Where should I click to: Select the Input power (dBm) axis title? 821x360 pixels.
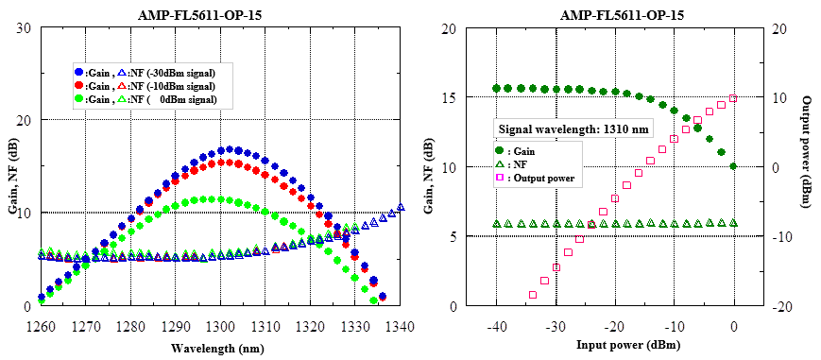pyautogui.click(x=615, y=346)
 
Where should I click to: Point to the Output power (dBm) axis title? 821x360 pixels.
pyautogui.click(x=807, y=160)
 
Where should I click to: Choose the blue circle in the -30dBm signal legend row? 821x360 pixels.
pyautogui.click(x=78, y=72)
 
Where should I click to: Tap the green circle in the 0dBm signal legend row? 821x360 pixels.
pyautogui.click(x=78, y=99)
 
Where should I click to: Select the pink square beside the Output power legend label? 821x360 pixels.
pyautogui.click(x=500, y=178)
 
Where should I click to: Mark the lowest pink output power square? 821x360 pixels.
pyautogui.click(x=532, y=295)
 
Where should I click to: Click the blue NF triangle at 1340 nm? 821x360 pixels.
pyautogui.click(x=401, y=207)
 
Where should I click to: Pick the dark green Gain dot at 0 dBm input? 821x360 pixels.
pyautogui.click(x=734, y=166)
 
